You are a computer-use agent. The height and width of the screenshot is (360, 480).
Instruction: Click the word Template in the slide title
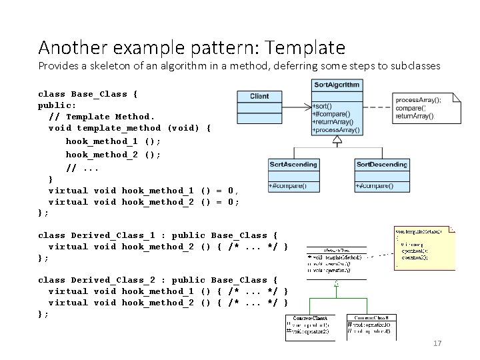[309, 48]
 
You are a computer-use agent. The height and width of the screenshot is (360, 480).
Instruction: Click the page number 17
[438, 343]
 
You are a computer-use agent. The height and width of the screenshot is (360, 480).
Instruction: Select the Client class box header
[259, 96]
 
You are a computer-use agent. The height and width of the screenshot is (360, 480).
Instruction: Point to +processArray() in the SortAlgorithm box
[336, 130]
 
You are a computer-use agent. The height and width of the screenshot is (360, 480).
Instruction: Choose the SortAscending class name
[293, 164]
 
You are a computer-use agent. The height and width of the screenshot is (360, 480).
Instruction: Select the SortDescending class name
[381, 164]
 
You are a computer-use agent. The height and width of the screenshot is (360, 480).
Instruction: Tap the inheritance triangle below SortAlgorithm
[337, 139]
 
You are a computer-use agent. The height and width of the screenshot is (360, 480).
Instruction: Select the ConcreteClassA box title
[309, 319]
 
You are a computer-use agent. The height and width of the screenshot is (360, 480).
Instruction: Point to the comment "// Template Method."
[101, 117]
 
